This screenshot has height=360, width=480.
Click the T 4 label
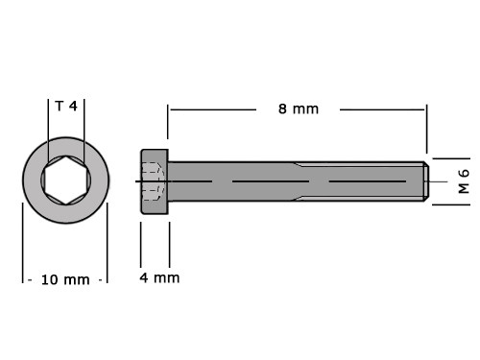[66, 106]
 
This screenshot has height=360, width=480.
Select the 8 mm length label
[299, 109]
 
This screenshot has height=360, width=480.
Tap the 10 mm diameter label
[65, 280]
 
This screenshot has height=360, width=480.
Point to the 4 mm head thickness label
[159, 277]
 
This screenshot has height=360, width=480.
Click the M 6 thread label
[464, 181]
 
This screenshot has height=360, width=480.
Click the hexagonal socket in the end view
[66, 180]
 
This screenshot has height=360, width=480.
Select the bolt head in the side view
[155, 181]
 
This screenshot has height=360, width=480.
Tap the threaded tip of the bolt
[425, 181]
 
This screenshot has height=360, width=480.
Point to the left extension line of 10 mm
[23, 243]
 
